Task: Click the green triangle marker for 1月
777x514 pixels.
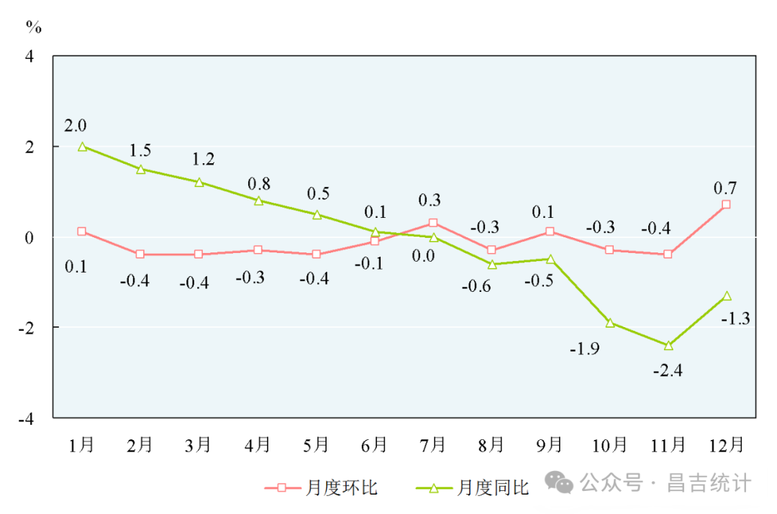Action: pyautogui.click(x=82, y=147)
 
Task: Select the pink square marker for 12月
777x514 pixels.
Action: pyautogui.click(x=727, y=205)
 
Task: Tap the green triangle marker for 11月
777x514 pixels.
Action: pyautogui.click(x=668, y=346)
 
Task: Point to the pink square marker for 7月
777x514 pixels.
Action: pyautogui.click(x=433, y=223)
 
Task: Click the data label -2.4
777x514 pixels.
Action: pyautogui.click(x=668, y=371)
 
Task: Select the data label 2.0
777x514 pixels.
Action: pyautogui.click(x=75, y=126)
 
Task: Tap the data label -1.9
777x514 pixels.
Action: pyautogui.click(x=586, y=349)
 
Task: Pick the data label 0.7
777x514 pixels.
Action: pyautogui.click(x=724, y=188)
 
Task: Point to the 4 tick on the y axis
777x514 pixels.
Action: pyautogui.click(x=29, y=56)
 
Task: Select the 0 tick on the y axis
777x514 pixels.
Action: pyautogui.click(x=29, y=237)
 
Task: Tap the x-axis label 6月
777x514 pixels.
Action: pyautogui.click(x=374, y=446)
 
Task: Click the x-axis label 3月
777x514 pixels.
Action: pyautogui.click(x=199, y=446)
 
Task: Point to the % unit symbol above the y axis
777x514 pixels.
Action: pyautogui.click(x=34, y=27)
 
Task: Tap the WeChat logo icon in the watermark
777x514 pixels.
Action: pyautogui.click(x=559, y=483)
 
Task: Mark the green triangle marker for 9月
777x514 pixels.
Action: pyautogui.click(x=550, y=260)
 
